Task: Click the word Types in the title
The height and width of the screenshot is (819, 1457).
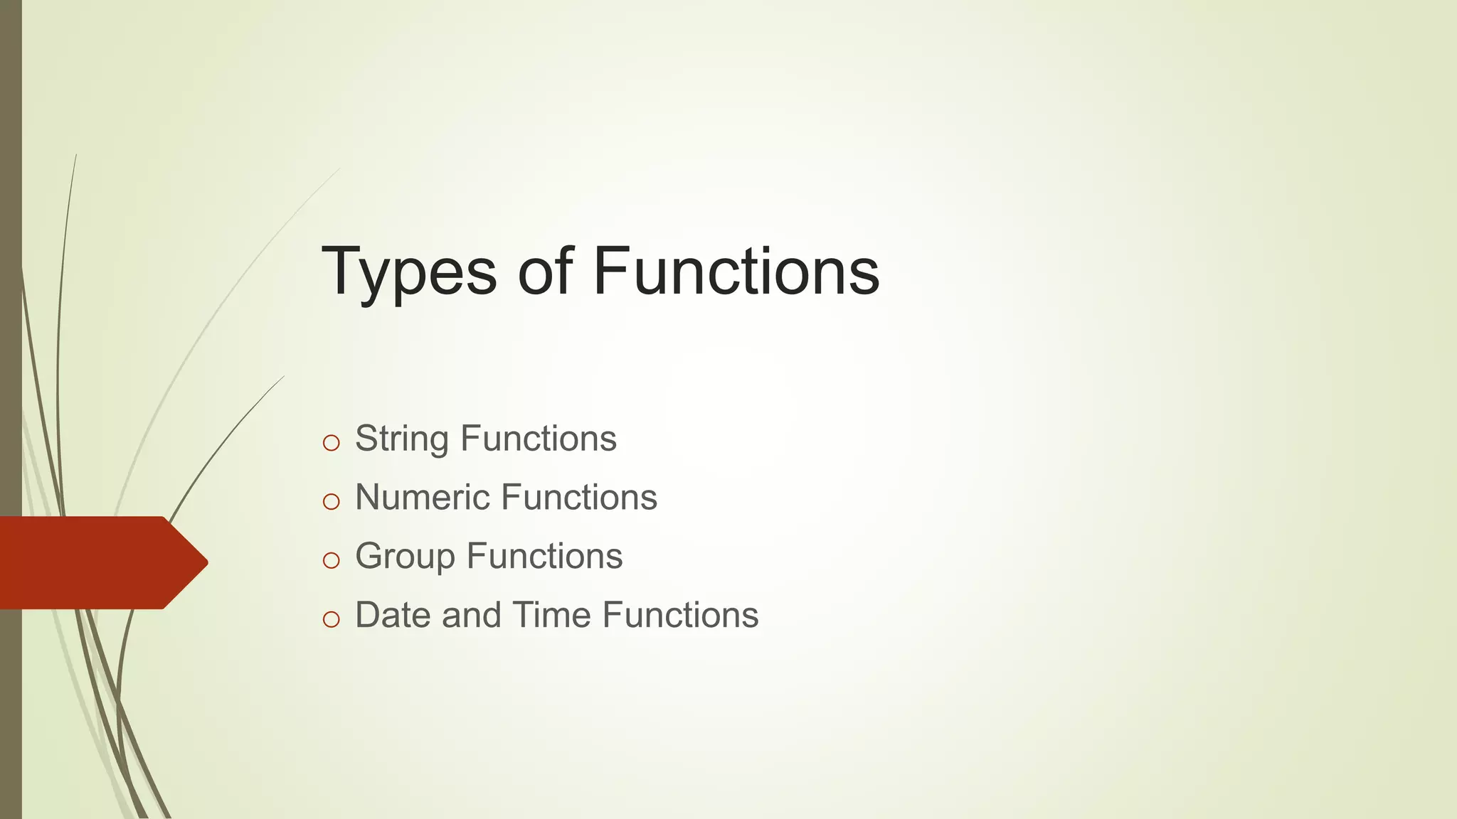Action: (x=409, y=273)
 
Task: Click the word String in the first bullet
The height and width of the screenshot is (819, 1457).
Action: (x=401, y=439)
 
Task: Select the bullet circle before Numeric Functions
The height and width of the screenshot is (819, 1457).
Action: (x=331, y=502)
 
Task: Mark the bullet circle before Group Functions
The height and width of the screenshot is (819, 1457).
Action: (x=331, y=561)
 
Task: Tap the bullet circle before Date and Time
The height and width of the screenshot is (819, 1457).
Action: (x=331, y=619)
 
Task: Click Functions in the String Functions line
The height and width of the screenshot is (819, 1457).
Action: (x=539, y=439)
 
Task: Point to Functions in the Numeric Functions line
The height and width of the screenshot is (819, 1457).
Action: (x=579, y=497)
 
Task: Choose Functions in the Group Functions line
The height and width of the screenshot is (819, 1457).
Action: (x=544, y=556)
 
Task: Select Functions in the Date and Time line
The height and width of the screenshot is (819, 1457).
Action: (x=680, y=615)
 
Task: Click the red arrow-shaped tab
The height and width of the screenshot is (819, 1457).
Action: (x=92, y=562)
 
